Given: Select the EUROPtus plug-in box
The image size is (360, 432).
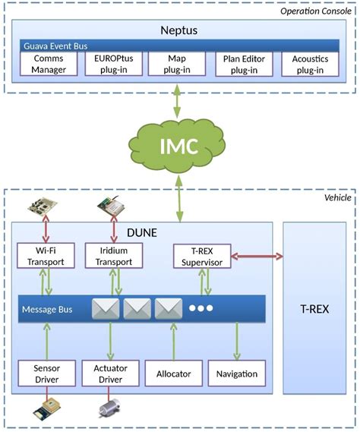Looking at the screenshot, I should coord(114,65).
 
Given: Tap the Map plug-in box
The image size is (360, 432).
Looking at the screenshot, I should coord(177,65).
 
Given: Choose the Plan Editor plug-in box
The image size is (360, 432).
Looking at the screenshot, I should coord(242,65).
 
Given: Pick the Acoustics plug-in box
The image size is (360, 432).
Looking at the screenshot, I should coord(308,65).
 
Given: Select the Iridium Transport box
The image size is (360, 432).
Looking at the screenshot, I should coord(114,256).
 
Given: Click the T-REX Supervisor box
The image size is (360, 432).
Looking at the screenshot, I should coord(200,256).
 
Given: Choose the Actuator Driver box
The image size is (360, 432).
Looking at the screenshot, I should coord(112,373).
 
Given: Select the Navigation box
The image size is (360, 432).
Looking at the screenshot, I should coord(237,373).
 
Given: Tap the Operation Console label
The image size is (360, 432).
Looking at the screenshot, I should coord(314,10).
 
